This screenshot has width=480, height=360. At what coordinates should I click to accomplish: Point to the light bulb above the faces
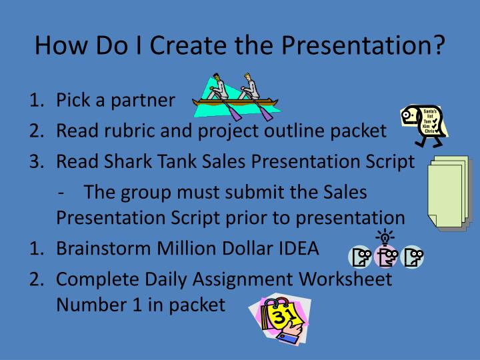385,235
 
